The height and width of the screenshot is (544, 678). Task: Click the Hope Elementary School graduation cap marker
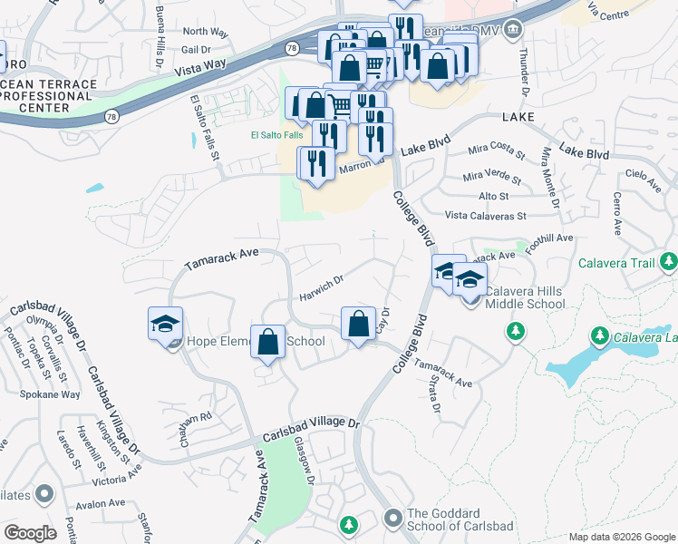166,325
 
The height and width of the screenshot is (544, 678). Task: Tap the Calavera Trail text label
616,264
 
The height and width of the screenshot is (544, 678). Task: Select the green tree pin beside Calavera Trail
669,263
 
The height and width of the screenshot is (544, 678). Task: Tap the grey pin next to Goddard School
392,519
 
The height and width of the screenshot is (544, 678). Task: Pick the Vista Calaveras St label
486,216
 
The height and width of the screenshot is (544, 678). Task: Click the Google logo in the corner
29,532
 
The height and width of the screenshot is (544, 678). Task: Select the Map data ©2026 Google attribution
622,537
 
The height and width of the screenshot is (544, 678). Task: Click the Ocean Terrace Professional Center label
47,96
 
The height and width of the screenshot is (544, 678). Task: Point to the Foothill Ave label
553,238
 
